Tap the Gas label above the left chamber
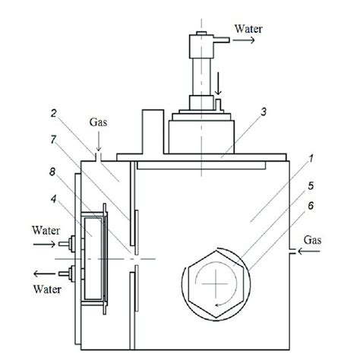tap(98, 141)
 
